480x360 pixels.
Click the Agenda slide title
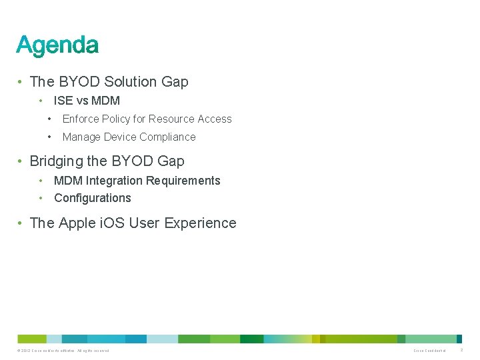57,45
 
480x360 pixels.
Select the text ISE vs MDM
87,101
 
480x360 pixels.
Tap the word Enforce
81,119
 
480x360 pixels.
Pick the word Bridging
55,161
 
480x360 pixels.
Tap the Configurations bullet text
93,198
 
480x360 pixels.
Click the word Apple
77,223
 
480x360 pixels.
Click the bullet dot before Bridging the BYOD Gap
22,161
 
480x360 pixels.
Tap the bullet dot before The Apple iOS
22,223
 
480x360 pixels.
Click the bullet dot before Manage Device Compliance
49,137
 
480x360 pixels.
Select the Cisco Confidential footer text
429,351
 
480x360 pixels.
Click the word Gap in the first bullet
175,82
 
